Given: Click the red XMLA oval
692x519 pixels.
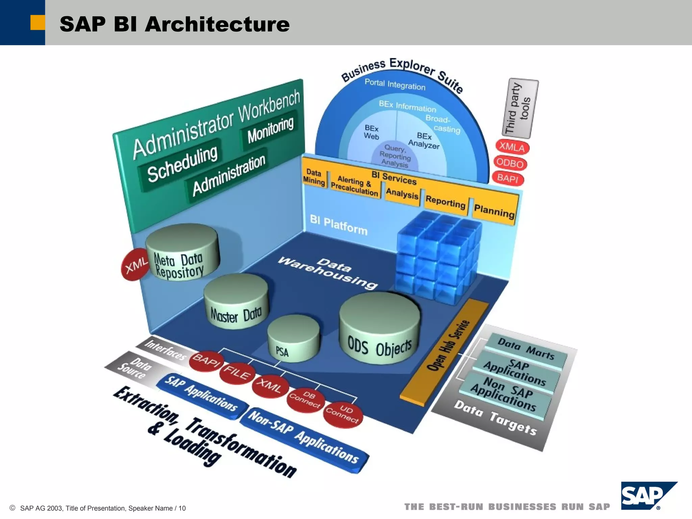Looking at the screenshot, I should click(512, 147).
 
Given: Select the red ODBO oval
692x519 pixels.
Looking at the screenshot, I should click(510, 164).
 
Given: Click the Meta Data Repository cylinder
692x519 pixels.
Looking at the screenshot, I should click(182, 253).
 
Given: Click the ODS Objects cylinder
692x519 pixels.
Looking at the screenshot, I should click(379, 329).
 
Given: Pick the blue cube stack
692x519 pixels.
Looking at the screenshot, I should click(438, 257).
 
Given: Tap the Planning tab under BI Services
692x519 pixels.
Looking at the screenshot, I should click(494, 211).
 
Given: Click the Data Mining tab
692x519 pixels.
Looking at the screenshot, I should click(314, 177).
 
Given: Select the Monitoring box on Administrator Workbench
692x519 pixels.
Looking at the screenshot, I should click(270, 130).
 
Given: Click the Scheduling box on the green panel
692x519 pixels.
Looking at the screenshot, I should click(182, 164).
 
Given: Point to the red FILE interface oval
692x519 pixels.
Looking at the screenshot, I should click(237, 373).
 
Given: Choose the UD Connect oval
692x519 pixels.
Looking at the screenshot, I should click(343, 415).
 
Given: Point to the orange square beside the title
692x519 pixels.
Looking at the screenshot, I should click(38, 23).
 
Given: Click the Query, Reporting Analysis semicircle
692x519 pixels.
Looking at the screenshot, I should click(395, 156).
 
